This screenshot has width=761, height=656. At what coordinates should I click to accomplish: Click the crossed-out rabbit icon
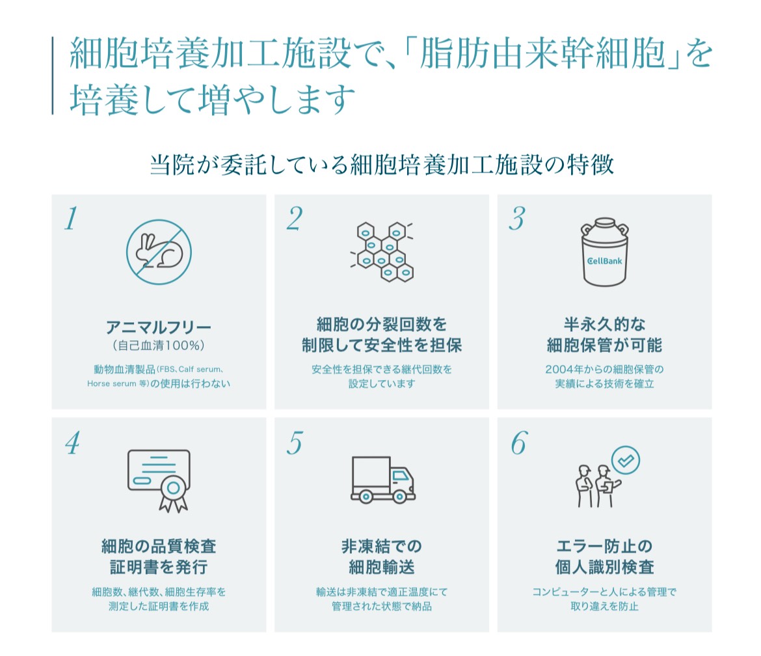[x=159, y=251]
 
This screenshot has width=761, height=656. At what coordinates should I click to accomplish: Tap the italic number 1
[x=71, y=220]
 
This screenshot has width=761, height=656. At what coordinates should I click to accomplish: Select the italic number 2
[x=294, y=220]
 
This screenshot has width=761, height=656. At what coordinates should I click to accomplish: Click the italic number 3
[x=516, y=220]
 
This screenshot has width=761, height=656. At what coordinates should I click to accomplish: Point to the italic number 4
[x=72, y=443]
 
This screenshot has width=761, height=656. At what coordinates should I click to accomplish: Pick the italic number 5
[x=294, y=443]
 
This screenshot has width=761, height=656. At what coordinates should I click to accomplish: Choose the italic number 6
[x=518, y=443]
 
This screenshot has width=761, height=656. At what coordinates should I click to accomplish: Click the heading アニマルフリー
[x=159, y=325]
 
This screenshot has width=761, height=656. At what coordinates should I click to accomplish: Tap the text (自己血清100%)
[x=159, y=345]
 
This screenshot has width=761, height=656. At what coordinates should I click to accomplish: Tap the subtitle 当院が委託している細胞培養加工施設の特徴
[x=382, y=165]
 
